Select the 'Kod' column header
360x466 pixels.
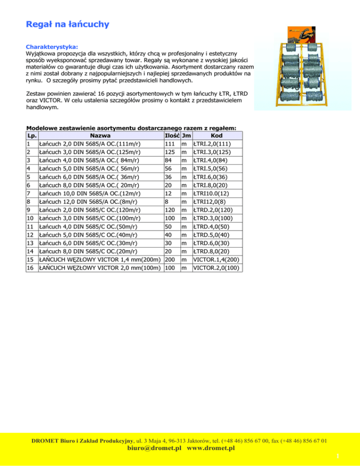pyautogui.click(x=217, y=135)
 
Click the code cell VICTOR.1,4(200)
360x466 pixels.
pyautogui.click(x=217, y=260)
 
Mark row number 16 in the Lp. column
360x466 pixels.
pyautogui.click(x=30, y=268)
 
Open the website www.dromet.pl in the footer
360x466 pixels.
pyautogui.click(x=210, y=448)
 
